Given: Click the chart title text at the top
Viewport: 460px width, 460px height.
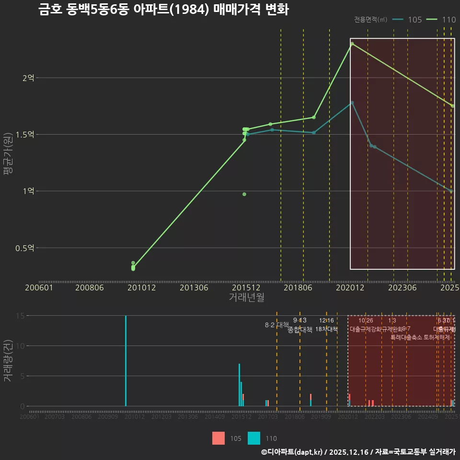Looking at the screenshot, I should point(163,10).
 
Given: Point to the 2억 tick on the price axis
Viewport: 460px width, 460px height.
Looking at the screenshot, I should point(28,78).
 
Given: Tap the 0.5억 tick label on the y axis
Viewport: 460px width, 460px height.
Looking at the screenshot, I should point(25,248).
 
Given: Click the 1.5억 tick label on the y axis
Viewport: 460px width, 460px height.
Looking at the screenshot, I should point(25,135).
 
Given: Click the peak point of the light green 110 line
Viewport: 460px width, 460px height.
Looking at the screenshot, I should point(352,44).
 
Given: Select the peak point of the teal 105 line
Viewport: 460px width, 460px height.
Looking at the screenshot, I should point(352,103).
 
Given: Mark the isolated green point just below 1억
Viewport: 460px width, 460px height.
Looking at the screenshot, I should point(244,194).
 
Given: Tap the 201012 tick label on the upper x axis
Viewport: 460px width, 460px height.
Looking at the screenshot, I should point(141,287).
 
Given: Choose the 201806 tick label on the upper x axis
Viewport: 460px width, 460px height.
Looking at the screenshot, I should point(298,287).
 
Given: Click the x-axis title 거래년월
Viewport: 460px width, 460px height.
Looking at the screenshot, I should point(246,298).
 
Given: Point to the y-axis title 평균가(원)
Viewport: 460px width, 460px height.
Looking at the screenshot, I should point(8,156).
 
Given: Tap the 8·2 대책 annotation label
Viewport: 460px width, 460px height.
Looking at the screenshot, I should point(274,325).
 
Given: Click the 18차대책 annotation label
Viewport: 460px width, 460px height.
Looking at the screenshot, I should point(326,329).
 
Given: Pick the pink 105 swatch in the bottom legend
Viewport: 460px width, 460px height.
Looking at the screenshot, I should point(218,438).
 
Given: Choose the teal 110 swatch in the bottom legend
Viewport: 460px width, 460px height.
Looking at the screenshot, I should point(254,438).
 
